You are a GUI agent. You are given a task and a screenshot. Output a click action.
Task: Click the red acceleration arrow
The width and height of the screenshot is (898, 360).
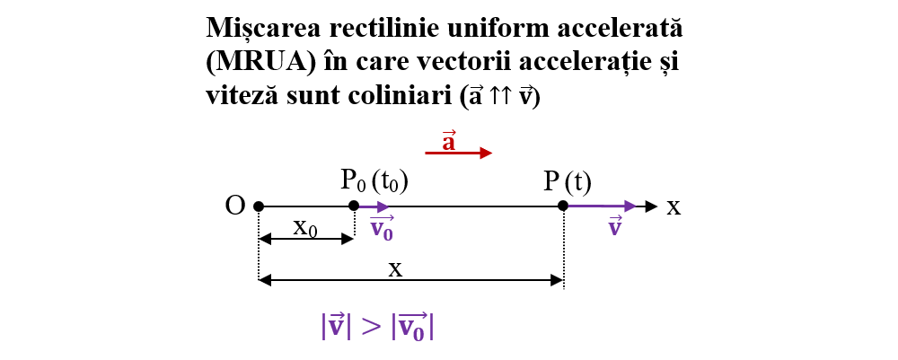pos(459,153)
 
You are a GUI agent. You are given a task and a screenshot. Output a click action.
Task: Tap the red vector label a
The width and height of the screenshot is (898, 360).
pos(448,140)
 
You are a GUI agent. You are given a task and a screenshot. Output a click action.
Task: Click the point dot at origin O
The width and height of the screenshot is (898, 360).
pos(259,206)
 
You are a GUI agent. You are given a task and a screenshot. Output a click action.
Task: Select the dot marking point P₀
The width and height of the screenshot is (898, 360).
pos(354,206)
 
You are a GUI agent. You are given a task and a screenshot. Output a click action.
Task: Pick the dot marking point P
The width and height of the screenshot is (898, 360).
pos(564,206)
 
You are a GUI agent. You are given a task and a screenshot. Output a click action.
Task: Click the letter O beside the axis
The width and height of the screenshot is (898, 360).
pos(235,206)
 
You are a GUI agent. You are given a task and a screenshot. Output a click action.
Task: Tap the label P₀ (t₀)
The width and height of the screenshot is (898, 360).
pos(375,182)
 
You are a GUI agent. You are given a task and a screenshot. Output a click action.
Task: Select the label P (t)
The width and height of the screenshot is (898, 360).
pos(567,182)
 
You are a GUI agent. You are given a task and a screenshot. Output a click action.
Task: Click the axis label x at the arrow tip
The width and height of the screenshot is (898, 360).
pos(673,207)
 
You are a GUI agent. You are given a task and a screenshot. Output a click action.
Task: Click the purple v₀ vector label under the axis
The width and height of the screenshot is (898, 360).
pos(382,228)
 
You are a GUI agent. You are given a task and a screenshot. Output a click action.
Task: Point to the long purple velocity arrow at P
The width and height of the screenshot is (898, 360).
pos(603,206)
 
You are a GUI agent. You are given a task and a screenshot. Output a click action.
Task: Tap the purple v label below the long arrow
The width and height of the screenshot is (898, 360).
pos(615,227)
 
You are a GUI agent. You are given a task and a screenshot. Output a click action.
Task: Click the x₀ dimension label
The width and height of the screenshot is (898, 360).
pos(306,228)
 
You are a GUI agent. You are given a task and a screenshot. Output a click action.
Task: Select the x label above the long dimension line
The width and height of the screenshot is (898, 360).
pos(396,269)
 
